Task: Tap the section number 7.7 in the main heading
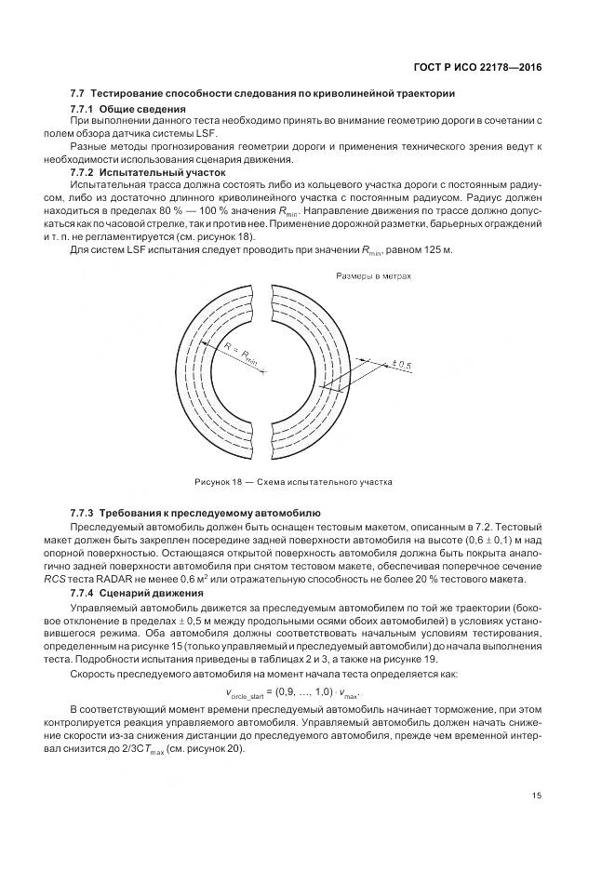(78, 93)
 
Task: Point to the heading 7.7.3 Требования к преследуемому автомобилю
(195, 513)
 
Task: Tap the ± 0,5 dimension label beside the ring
(402, 366)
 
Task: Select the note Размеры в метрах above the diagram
(372, 276)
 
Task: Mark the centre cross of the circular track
(264, 371)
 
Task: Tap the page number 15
(537, 795)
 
